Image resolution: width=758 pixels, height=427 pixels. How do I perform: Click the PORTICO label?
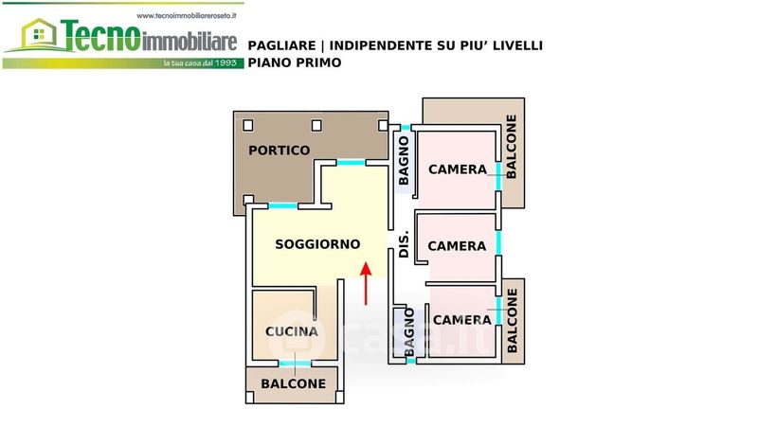(279, 151)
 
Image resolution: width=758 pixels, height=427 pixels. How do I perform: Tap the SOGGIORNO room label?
(316, 244)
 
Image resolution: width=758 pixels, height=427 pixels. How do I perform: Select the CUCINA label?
(291, 331)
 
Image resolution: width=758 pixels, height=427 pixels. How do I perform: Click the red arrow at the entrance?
(367, 284)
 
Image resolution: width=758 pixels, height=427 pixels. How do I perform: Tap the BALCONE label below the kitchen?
(293, 383)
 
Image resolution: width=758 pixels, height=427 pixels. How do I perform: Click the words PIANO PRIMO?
(294, 62)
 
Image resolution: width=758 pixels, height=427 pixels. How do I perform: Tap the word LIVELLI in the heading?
(514, 45)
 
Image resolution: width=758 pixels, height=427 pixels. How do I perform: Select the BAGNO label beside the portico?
(405, 160)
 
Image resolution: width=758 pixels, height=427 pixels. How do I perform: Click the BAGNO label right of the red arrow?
(410, 335)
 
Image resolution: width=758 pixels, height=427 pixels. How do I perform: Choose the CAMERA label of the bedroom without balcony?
(457, 246)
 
